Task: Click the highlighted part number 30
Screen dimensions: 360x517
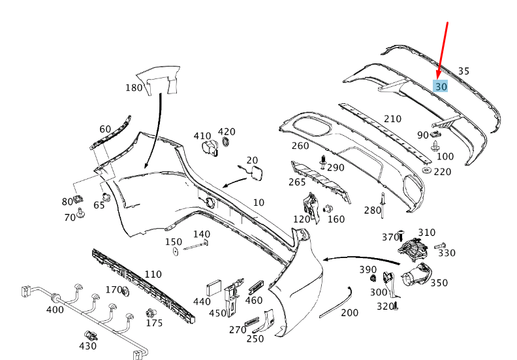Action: point(441,86)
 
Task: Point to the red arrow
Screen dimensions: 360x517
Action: point(443,50)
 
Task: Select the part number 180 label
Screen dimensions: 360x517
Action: point(134,88)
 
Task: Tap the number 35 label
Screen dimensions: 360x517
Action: point(463,71)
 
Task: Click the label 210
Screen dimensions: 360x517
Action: point(392,119)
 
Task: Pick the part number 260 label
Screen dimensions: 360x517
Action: point(300,146)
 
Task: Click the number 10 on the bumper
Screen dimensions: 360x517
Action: point(258,203)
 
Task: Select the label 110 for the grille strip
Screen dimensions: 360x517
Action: point(153,274)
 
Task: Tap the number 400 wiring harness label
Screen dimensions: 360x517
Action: point(55,310)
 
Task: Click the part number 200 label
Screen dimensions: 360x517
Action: point(350,313)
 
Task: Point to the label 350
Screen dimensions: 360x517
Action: point(439,283)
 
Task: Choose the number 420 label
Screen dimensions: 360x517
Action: point(227,132)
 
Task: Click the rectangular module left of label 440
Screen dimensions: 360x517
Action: point(214,288)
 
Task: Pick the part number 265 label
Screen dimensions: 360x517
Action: point(297,182)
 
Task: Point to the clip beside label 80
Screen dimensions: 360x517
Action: point(79,199)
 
